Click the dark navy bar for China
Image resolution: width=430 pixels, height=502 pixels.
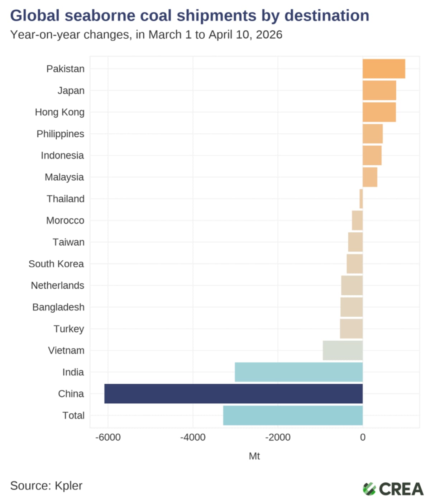point(233,394)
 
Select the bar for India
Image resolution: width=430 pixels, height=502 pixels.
point(298,372)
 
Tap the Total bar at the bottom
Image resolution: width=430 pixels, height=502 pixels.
point(293,415)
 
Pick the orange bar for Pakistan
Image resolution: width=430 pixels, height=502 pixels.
point(384,69)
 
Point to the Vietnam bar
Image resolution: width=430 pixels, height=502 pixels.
point(343,350)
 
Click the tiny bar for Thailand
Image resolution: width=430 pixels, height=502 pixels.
point(361,199)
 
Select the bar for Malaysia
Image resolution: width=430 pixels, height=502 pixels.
point(370,177)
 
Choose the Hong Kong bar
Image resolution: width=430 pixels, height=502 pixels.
point(379,112)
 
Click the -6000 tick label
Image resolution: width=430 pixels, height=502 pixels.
point(108,437)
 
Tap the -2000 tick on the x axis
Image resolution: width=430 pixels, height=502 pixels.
point(278,437)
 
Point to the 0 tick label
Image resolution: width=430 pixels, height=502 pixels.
point(363,437)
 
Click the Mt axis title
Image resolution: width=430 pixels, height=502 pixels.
point(254,456)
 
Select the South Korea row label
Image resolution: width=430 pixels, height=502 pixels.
point(56,264)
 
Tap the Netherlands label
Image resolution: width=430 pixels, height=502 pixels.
point(58,285)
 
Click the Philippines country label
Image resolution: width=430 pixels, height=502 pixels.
point(60,134)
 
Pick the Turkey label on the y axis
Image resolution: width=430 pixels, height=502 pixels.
point(69,329)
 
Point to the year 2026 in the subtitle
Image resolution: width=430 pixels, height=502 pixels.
point(269,35)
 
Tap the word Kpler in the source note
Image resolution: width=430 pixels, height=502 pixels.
point(68,486)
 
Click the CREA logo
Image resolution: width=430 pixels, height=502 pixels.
point(393,489)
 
